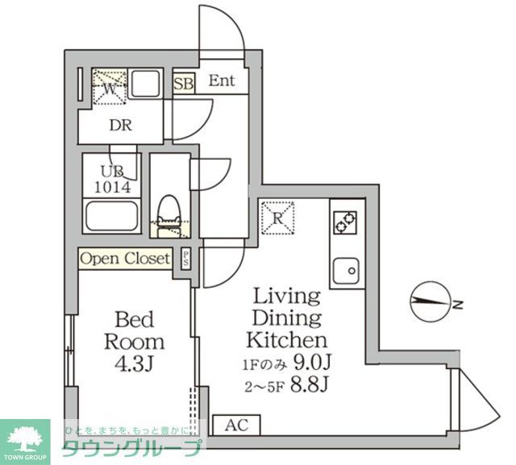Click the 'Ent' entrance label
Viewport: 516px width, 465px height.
(221, 81)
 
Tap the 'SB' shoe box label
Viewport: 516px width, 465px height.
(183, 83)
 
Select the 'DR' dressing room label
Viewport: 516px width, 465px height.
(121, 126)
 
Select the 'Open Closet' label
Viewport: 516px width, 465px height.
(125, 259)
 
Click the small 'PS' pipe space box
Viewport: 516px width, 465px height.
(186, 259)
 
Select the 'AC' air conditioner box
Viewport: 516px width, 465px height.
(236, 425)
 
